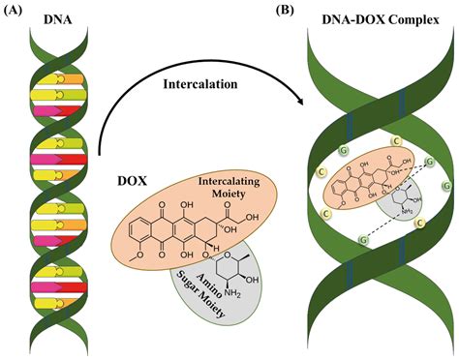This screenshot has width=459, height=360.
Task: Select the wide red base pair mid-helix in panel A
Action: click(63, 157)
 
